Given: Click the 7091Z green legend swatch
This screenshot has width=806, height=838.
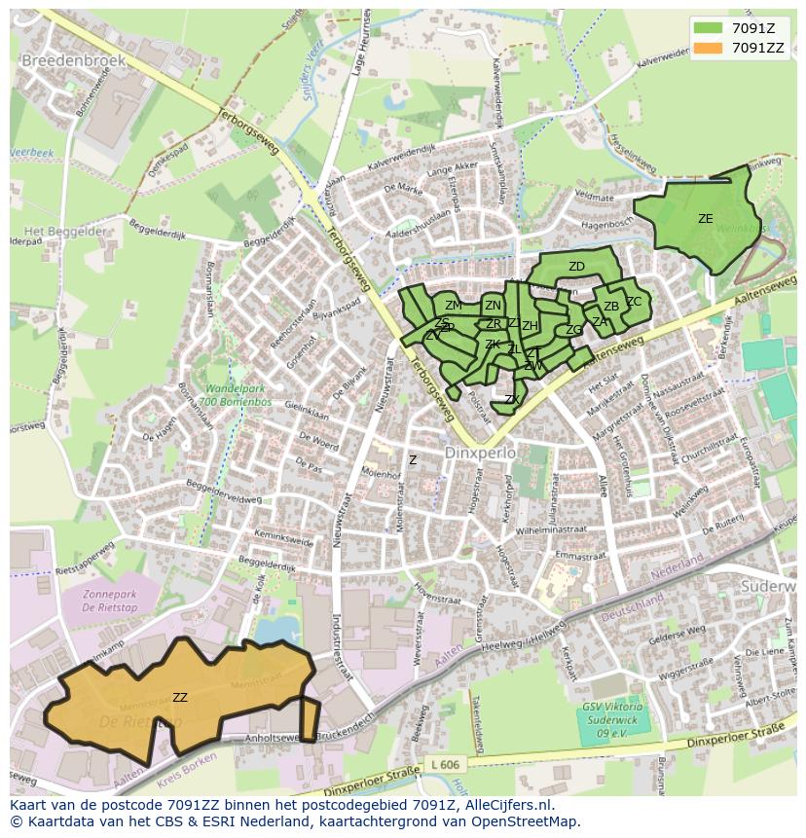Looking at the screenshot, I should click(x=708, y=28).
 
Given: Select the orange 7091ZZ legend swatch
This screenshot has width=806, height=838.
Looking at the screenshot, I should click(x=708, y=47).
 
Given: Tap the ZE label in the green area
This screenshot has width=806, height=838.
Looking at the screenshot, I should click(x=705, y=219).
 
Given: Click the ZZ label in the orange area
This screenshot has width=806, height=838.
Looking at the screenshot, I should click(x=180, y=697).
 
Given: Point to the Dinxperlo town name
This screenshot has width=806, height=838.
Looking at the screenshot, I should click(x=478, y=454).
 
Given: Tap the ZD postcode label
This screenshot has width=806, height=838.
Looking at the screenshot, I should click(x=576, y=267).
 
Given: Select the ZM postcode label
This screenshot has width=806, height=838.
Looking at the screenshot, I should click(x=453, y=306).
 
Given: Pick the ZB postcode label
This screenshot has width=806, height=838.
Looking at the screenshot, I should click(x=610, y=307).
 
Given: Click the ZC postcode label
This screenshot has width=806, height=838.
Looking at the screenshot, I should click(x=634, y=301).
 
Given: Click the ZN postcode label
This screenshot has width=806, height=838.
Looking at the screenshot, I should click(x=493, y=306).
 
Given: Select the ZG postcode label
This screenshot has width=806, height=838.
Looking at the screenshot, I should click(x=573, y=330).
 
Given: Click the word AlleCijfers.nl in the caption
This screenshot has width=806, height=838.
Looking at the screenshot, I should click(x=505, y=805).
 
